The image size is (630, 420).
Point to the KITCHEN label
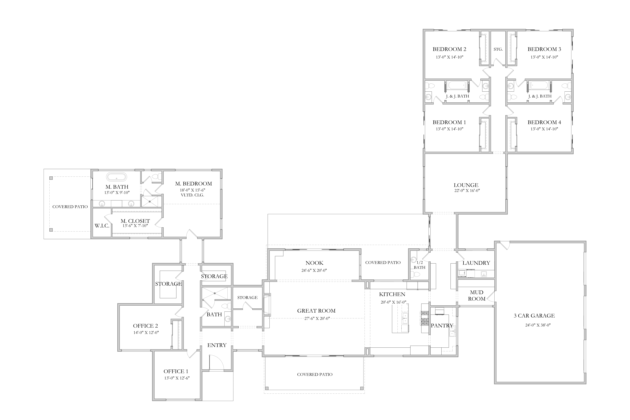392,294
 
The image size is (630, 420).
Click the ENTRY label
217,345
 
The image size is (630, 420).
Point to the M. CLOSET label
135,221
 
